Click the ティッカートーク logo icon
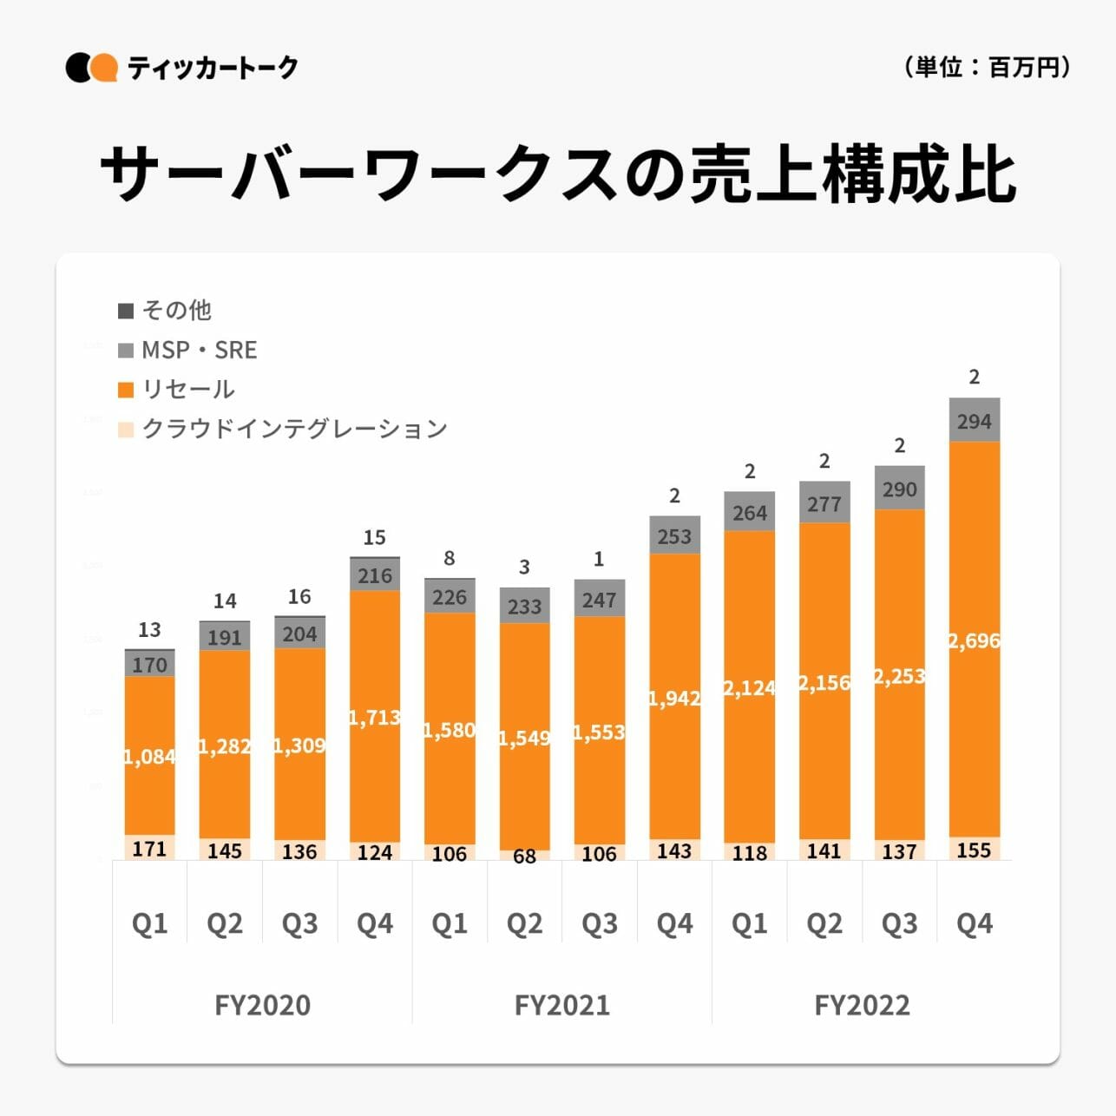click(x=91, y=68)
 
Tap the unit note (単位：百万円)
click(x=987, y=67)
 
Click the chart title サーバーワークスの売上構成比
click(x=558, y=174)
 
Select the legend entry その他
click(x=165, y=310)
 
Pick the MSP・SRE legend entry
click(x=187, y=350)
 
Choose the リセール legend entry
click(x=176, y=389)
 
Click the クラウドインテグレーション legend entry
click(x=282, y=429)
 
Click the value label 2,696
click(x=974, y=641)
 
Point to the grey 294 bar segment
click(x=975, y=422)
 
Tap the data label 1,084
click(x=149, y=757)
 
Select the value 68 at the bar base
click(x=524, y=857)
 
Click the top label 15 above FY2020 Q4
click(x=374, y=538)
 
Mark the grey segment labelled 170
click(x=149, y=665)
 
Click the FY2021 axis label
click(x=561, y=1005)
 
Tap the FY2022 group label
click(x=862, y=1005)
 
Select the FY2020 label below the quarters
click(x=262, y=1005)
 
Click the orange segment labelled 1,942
click(x=674, y=699)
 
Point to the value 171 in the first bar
click(x=149, y=848)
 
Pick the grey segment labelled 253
click(x=674, y=536)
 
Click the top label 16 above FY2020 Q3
click(x=299, y=597)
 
